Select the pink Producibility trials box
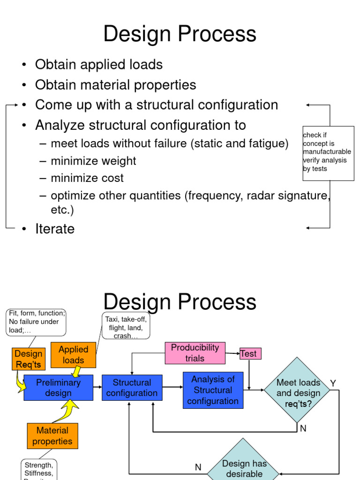coord(195,353)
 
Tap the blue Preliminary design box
coord(58,388)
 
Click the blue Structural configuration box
coord(132,388)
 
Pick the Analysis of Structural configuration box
coord(213,390)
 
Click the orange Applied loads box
coord(73,355)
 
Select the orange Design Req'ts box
coord(29,359)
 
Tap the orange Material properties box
coord(52,436)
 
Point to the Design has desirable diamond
coord(244,466)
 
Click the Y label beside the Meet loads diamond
coord(333,383)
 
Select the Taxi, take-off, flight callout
coord(126,327)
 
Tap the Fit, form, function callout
coord(37,322)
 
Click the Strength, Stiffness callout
coord(39,470)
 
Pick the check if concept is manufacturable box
coord(328,153)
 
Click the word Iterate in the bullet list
coord(55,229)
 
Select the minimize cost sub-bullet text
coord(87,178)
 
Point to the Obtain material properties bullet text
coord(115,85)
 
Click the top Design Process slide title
coord(180,34)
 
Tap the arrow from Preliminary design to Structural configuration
coord(97,387)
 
